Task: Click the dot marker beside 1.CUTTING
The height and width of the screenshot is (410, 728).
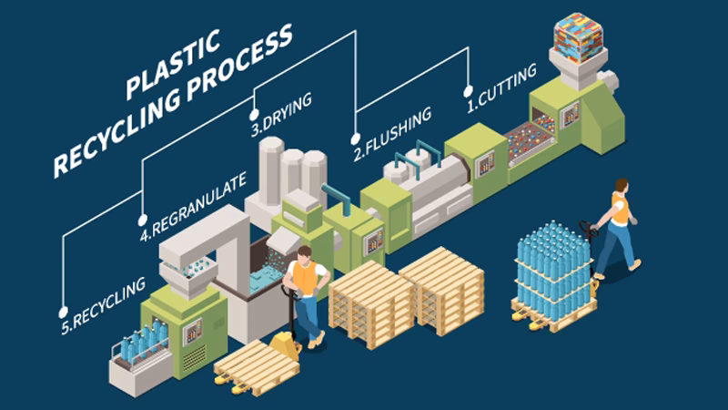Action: pos(469,91)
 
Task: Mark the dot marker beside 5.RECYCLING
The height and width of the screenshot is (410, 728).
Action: pos(63,310)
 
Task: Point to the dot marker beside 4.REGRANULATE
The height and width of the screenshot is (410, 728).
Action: pos(142,220)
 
